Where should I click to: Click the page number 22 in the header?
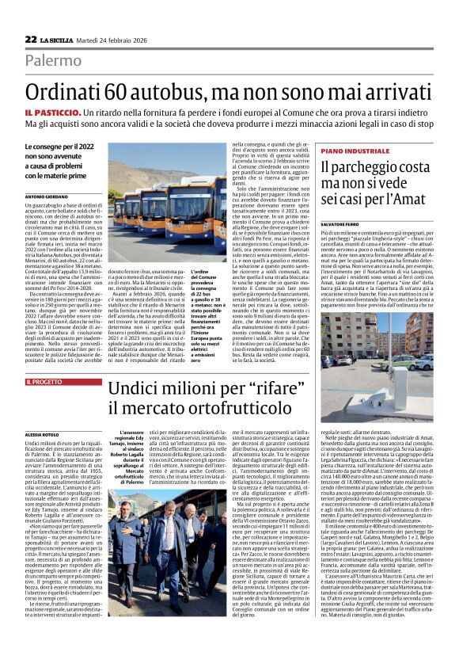(x=31, y=39)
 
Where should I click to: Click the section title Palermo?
(x=53, y=60)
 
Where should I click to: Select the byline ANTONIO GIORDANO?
(x=47, y=196)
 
